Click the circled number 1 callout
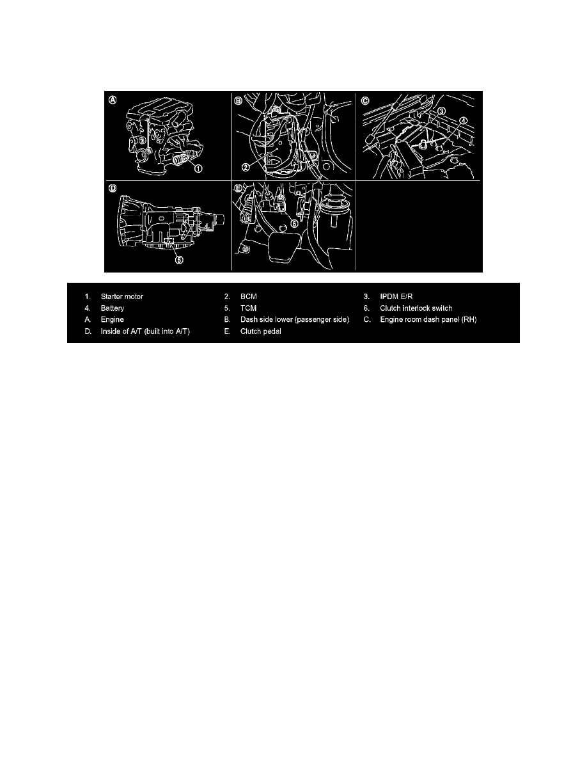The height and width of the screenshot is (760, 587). pos(199,169)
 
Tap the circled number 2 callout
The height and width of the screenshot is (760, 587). pos(247,166)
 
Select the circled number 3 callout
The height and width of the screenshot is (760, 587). pos(442,111)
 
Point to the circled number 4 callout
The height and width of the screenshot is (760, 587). pos(463,122)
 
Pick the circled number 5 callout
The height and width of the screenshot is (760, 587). pos(180,260)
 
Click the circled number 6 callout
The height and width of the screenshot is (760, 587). pos(293,223)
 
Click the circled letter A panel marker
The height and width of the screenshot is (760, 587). pos(113,100)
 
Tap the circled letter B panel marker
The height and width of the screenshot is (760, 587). pos(239,100)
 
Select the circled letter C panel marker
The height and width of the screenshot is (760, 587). pos(365,100)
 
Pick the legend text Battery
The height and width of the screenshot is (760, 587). pos(112,308)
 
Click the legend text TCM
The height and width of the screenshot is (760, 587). pos(248,308)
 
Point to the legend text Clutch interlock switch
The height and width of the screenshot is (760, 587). pos(416,308)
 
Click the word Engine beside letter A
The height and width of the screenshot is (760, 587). pos(112,319)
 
